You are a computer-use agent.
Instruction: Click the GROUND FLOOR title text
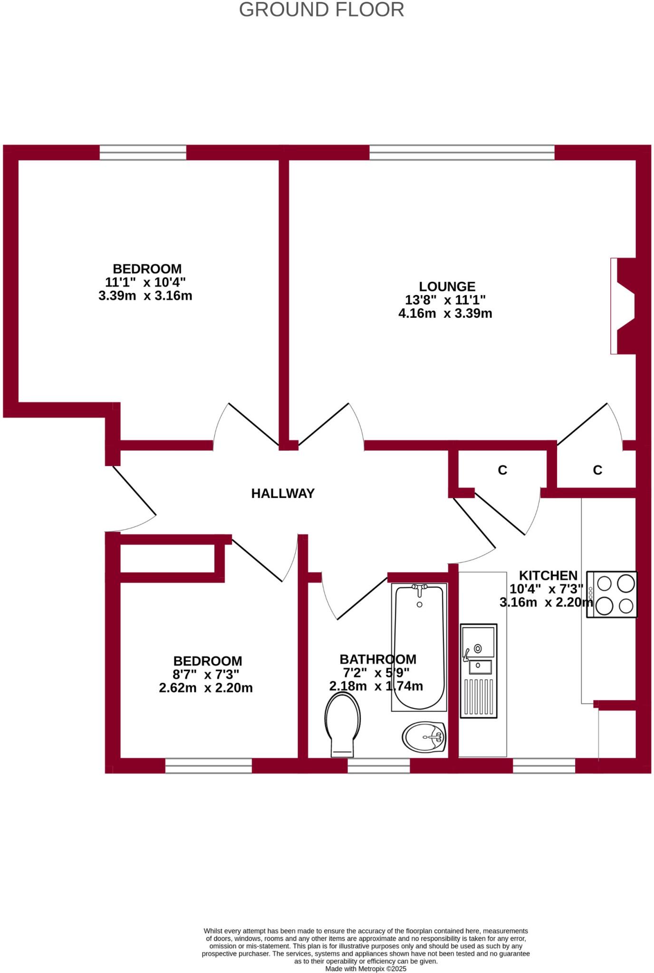click(321, 10)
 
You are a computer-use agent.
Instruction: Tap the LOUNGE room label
click(447, 286)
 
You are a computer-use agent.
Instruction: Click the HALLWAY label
click(283, 494)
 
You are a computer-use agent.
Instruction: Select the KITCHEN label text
click(548, 575)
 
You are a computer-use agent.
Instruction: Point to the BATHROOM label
click(378, 659)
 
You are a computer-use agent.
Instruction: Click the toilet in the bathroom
click(342, 723)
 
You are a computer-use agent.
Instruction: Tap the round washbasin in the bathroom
click(424, 737)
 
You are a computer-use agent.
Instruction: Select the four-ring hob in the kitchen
click(612, 594)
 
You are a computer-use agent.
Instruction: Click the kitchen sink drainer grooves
click(478, 697)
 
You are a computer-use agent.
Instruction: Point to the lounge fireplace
click(623, 306)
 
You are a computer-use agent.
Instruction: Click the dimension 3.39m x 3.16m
click(145, 296)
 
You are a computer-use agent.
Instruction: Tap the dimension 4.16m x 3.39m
click(445, 314)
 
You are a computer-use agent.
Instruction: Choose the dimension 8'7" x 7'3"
click(205, 674)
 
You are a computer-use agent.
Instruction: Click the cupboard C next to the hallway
click(502, 470)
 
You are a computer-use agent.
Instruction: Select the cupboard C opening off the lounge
click(597, 470)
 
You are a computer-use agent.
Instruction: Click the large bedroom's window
click(143, 153)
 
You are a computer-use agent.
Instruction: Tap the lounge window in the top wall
click(462, 153)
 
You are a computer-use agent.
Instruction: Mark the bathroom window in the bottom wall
click(378, 765)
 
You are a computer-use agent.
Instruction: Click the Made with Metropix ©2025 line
click(365, 968)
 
